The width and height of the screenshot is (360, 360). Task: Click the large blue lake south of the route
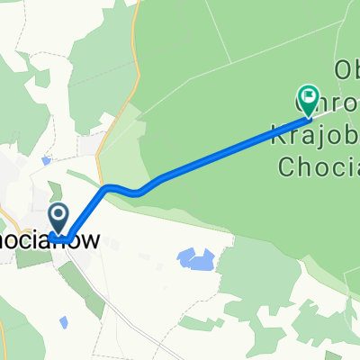(x=196, y=261)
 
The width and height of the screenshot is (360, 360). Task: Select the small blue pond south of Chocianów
(x=64, y=321)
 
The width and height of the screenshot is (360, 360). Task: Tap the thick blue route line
(x=207, y=162)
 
